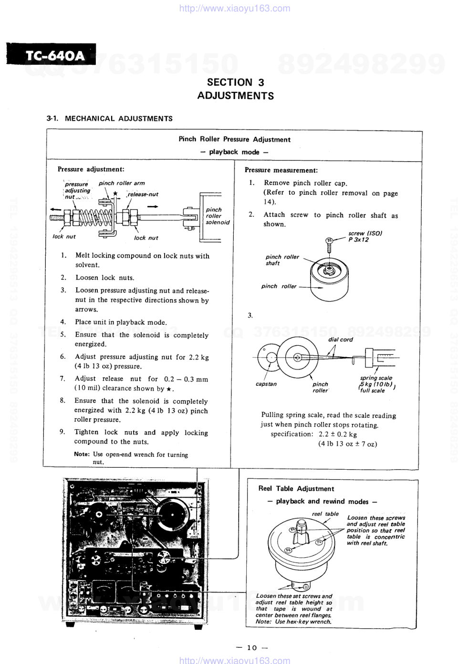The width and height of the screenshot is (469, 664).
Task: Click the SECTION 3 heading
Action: point(235,82)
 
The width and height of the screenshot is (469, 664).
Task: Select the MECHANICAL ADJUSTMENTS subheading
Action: point(118,119)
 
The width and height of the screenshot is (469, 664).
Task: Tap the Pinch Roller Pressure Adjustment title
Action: point(234,139)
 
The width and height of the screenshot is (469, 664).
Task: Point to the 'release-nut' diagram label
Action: point(143,194)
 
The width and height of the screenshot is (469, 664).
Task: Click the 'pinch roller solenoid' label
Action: point(217,216)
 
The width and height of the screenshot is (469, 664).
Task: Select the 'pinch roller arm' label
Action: point(122,183)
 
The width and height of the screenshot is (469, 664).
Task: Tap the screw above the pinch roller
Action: point(328,245)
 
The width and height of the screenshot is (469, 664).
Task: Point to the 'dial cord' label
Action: point(340,340)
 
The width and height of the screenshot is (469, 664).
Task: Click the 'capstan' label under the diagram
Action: point(266,384)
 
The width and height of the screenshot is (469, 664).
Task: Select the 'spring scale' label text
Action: point(376,378)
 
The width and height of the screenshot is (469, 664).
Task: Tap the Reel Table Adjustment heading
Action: point(296,488)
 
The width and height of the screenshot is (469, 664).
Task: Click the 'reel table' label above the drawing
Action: point(325,514)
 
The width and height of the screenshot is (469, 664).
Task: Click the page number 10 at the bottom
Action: point(252,647)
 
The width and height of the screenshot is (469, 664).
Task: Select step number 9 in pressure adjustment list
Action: point(63,432)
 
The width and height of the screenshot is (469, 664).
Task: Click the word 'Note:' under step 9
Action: point(82,454)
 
